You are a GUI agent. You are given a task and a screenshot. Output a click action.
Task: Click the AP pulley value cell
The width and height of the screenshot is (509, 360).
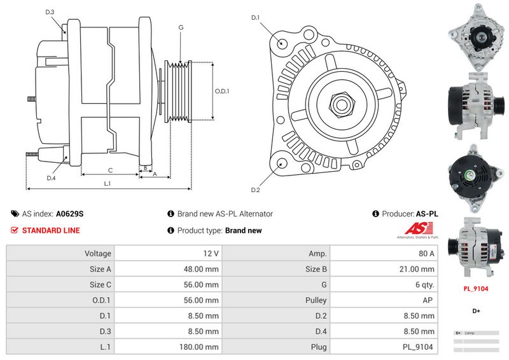click(429, 300)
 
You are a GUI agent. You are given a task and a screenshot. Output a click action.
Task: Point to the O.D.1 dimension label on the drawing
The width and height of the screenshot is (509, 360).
click(221, 91)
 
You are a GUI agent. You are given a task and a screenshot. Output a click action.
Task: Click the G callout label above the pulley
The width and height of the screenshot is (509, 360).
click(181, 27)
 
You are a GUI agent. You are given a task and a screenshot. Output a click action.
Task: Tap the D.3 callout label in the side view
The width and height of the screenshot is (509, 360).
click(50, 12)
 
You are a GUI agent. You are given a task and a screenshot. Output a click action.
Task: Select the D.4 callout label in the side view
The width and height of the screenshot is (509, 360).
click(52, 177)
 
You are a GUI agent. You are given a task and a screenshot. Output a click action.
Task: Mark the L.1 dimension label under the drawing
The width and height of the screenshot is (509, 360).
click(108, 184)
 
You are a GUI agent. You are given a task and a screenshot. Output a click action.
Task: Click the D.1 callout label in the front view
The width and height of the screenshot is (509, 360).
click(256, 18)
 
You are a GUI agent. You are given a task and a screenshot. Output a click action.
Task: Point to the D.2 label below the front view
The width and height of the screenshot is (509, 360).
click(256, 190)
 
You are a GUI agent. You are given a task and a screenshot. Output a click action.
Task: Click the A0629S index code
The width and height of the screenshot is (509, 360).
click(69, 214)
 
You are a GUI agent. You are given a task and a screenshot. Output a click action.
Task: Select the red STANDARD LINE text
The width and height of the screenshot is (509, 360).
click(51, 230)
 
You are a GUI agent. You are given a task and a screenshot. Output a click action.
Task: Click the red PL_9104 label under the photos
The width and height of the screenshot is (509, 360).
click(475, 288)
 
